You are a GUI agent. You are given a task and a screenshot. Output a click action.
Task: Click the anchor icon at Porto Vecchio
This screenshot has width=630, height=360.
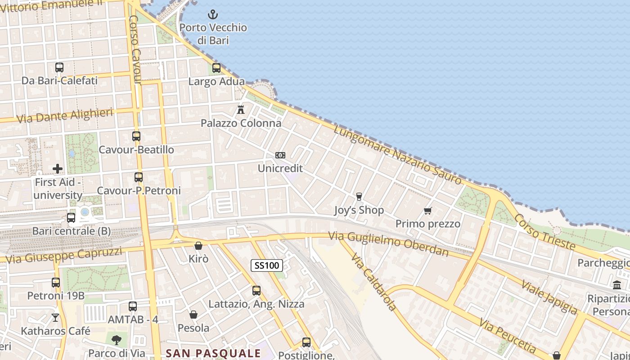213,15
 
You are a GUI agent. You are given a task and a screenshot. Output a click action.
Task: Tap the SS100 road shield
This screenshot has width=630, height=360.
267,265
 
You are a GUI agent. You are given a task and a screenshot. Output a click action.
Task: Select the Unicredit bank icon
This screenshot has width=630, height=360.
280,155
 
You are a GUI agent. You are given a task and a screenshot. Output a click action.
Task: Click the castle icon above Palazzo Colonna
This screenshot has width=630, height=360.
241,109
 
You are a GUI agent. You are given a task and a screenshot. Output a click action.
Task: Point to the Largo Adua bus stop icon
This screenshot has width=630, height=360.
216,68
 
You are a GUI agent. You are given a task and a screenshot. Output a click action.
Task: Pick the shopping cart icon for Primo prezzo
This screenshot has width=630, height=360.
428,211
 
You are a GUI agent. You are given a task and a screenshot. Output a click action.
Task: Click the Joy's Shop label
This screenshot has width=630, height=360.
359,210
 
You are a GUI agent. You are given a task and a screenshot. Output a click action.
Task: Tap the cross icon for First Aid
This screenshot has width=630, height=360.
58,169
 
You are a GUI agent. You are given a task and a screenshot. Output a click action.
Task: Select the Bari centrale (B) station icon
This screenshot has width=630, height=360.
71,218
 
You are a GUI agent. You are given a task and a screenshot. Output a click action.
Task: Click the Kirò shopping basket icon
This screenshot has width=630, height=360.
198,246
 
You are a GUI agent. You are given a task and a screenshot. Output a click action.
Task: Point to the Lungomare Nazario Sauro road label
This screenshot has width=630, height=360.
398,154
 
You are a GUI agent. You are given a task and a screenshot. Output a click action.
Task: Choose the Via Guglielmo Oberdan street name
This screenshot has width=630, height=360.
388,243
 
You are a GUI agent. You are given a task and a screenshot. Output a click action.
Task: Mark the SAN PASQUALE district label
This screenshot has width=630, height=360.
213,353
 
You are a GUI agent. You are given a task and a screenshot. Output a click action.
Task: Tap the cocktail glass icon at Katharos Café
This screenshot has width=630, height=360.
55,318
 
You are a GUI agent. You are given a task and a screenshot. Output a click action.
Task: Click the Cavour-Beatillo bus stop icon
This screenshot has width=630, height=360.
136,136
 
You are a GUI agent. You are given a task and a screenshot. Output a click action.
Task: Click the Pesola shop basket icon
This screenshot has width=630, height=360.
193,315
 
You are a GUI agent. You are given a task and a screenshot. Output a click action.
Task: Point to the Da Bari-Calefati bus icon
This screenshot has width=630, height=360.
59,67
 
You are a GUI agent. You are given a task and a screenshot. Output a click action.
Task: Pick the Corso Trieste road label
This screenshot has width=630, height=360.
544,231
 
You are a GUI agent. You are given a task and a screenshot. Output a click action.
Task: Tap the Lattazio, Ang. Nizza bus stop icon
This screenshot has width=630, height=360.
256,291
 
